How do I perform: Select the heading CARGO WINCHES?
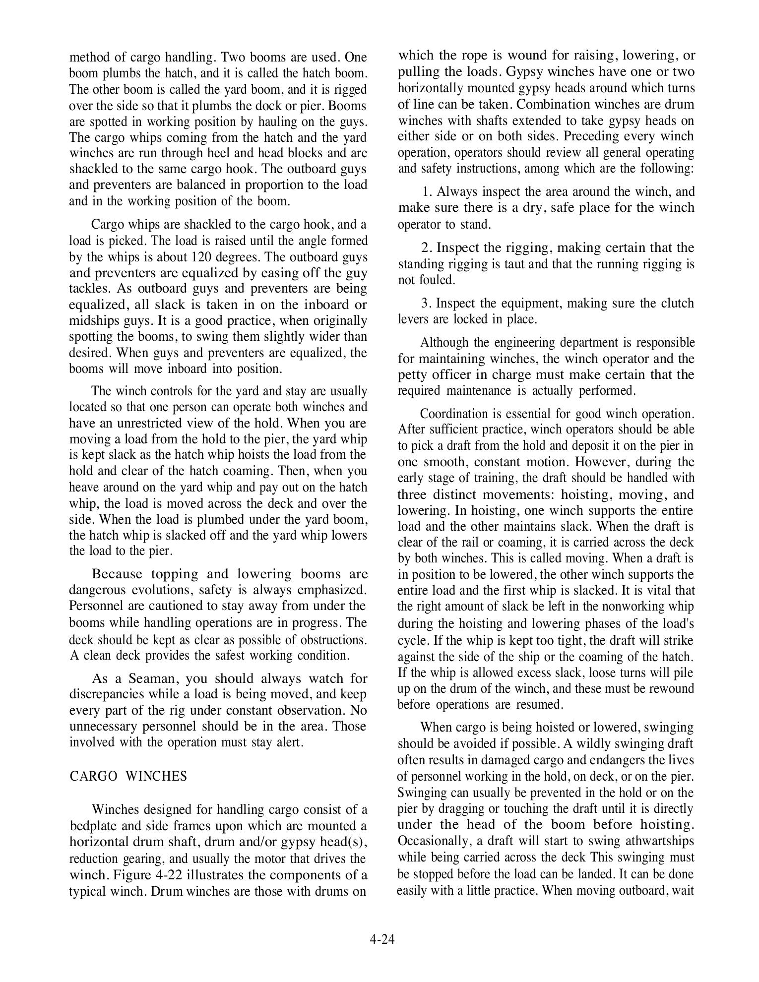click(128, 776)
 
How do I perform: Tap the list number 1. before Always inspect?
click(427, 191)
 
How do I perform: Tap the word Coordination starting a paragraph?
click(454, 414)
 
